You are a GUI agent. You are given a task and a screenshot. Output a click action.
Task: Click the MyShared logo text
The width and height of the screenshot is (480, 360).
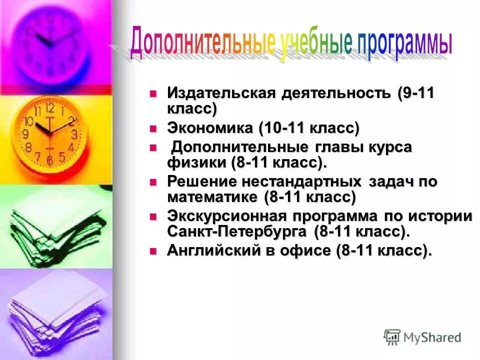[432, 337]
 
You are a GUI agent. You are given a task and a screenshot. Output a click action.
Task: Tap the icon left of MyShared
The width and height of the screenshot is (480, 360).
[392, 336]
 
